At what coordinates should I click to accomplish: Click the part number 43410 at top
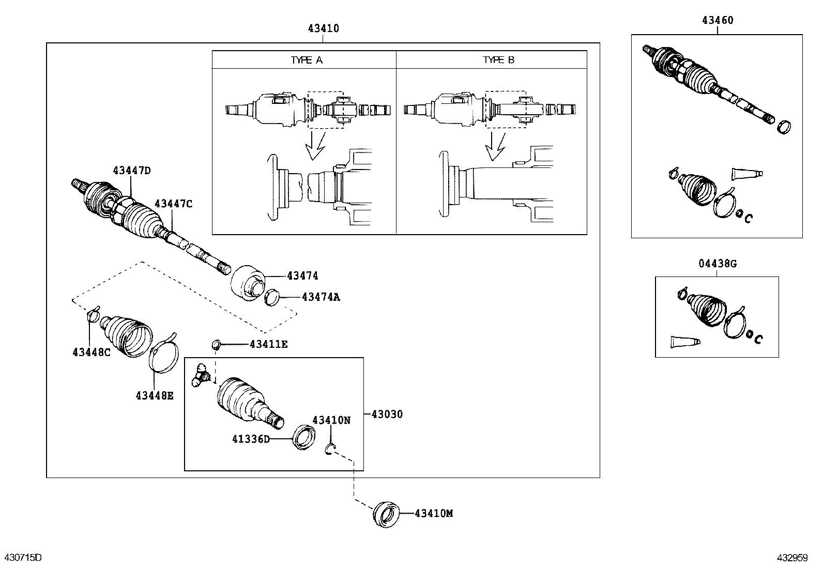[x=323, y=28]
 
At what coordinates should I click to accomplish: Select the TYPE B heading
[x=498, y=60]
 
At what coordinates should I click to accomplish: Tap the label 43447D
[x=132, y=171]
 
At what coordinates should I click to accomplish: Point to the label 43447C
[x=173, y=204]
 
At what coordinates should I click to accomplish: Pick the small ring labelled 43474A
[x=272, y=298]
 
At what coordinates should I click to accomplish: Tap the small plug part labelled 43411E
[x=217, y=344]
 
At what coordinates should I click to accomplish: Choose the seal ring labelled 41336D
[x=304, y=436]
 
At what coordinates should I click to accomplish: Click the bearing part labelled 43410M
[x=386, y=514]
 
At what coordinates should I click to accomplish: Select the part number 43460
[x=717, y=21]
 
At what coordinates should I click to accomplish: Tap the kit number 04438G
[x=718, y=264]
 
